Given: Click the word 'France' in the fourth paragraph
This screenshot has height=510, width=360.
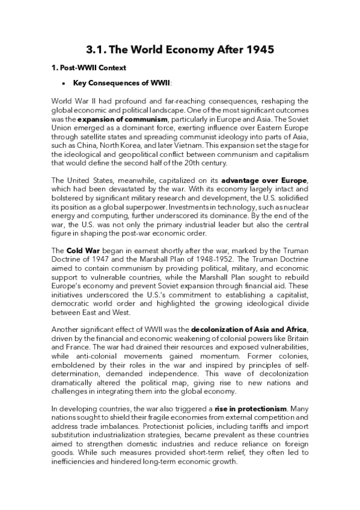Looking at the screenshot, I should pos(79,349).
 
